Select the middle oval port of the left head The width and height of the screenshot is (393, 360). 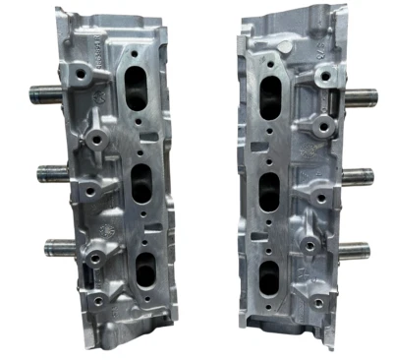(x=141, y=183)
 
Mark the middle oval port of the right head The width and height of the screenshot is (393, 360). (x=267, y=185)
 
